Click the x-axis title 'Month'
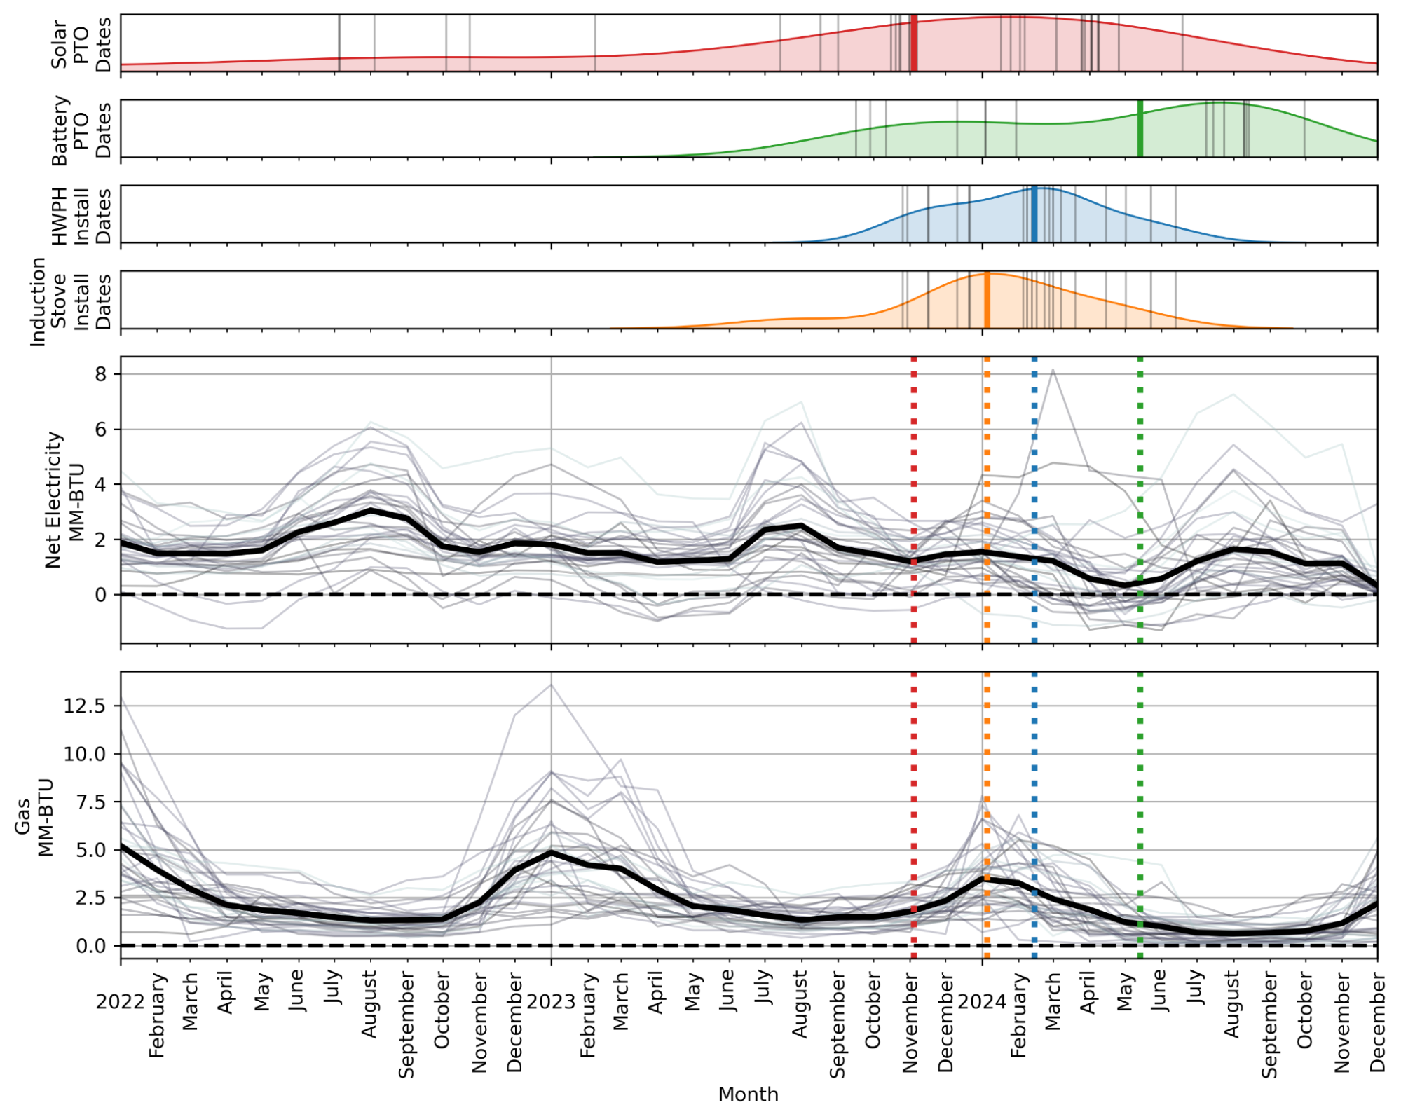pyautogui.click(x=748, y=1094)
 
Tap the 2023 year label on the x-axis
pyautogui.click(x=551, y=1001)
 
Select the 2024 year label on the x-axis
pyautogui.click(x=982, y=1001)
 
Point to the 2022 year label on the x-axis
pyautogui.click(x=121, y=1001)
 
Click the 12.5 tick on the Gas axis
pyautogui.click(x=84, y=706)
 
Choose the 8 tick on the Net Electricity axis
pyautogui.click(x=102, y=374)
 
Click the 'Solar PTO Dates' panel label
pyautogui.click(x=81, y=43)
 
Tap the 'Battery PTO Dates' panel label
pyautogui.click(x=81, y=130)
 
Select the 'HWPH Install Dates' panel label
pyautogui.click(x=81, y=215)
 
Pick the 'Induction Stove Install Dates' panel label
pyautogui.click(x=70, y=301)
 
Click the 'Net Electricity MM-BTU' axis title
pyautogui.click(x=64, y=499)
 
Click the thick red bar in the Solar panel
pyautogui.click(x=913, y=43)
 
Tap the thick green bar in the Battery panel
pyautogui.click(x=1140, y=129)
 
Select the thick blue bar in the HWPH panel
pyautogui.click(x=1034, y=214)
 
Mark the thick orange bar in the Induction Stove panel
pyautogui.click(x=987, y=300)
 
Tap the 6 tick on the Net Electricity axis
pyautogui.click(x=102, y=429)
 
